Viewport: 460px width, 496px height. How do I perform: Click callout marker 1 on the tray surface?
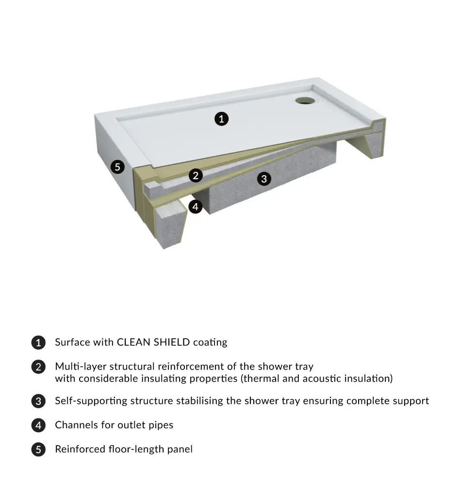pyautogui.click(x=221, y=119)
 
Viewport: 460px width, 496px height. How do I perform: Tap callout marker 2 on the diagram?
pyautogui.click(x=196, y=175)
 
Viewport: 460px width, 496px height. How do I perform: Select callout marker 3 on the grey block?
pyautogui.click(x=264, y=179)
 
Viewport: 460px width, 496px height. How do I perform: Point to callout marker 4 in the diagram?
pyautogui.click(x=196, y=206)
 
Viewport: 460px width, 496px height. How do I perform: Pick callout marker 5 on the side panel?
pyautogui.click(x=117, y=167)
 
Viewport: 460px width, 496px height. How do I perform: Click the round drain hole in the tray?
pyautogui.click(x=305, y=101)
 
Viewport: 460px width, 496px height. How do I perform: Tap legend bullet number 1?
pyautogui.click(x=38, y=342)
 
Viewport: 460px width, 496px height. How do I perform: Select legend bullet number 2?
pyautogui.click(x=38, y=367)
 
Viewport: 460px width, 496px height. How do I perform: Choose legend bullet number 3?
pyautogui.click(x=38, y=401)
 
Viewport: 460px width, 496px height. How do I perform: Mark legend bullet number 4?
pyautogui.click(x=38, y=425)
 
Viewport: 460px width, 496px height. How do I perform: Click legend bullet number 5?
pyautogui.click(x=38, y=449)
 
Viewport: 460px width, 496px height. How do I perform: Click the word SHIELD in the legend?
pyautogui.click(x=172, y=342)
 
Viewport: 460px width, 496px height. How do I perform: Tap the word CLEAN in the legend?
pyautogui.click(x=133, y=342)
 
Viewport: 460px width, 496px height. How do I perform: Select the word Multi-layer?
pyautogui.click(x=81, y=367)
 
